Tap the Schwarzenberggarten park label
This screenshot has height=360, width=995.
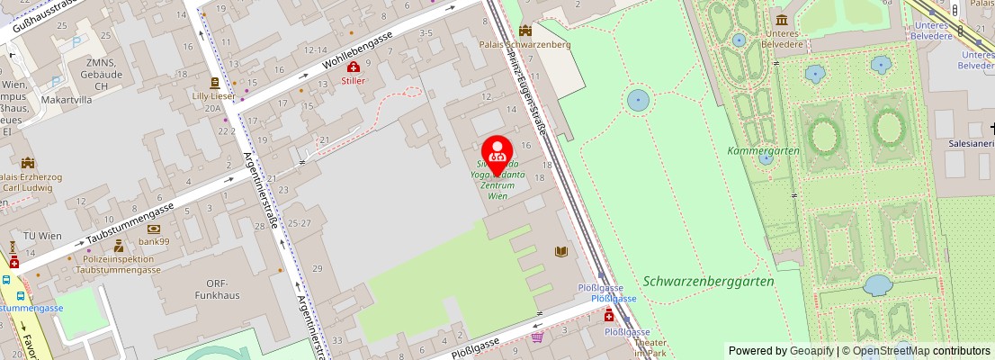[x=708, y=281]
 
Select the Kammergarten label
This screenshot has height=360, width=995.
[x=763, y=151]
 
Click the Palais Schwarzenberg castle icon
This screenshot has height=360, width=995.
[x=525, y=30]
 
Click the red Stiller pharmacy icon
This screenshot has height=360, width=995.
[x=354, y=67]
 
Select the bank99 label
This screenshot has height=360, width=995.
[x=153, y=242]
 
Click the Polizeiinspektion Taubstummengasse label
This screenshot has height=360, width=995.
[x=118, y=264]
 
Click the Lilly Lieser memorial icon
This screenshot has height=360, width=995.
[x=215, y=81]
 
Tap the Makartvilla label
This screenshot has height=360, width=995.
[x=67, y=101]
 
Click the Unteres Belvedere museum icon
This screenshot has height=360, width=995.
[x=781, y=20]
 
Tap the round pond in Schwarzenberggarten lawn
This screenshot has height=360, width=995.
[x=638, y=99]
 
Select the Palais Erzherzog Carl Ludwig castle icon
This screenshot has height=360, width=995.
[x=28, y=163]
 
